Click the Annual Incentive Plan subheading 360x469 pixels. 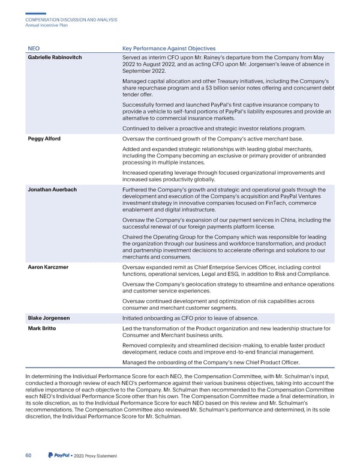coord(49,25)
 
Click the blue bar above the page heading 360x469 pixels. coord(37,13)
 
